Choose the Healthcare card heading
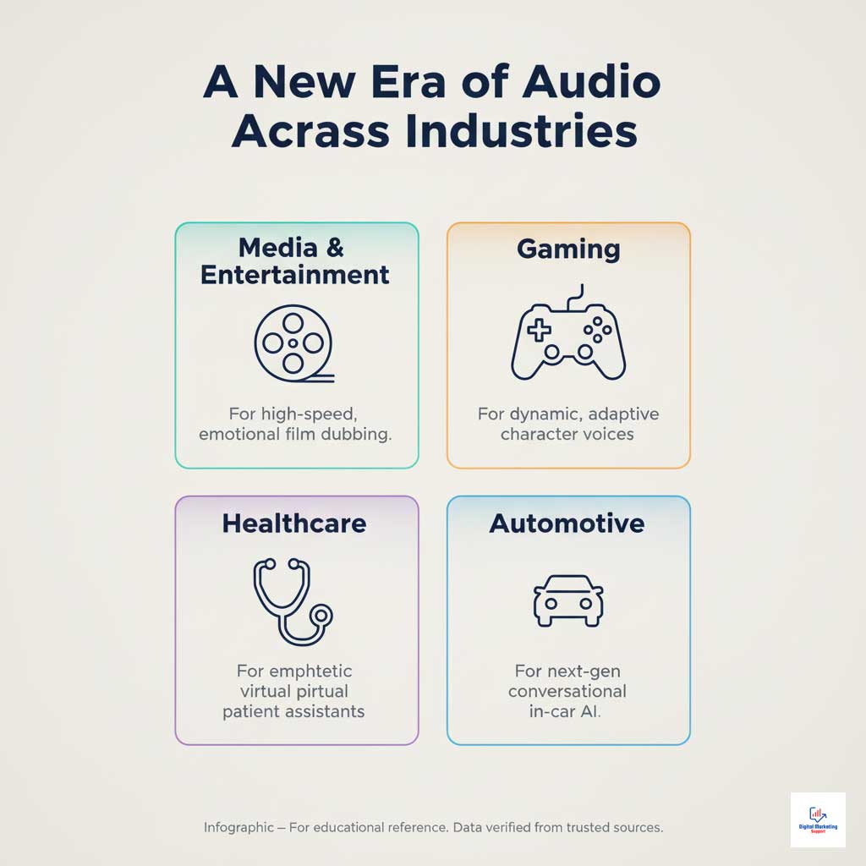[294, 523]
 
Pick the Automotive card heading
[567, 523]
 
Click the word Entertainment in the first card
[295, 275]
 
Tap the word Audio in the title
[590, 85]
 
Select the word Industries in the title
[519, 132]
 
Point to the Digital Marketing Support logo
[817, 819]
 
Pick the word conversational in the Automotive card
[567, 691]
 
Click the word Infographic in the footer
[238, 827]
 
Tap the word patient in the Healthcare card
[251, 711]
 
